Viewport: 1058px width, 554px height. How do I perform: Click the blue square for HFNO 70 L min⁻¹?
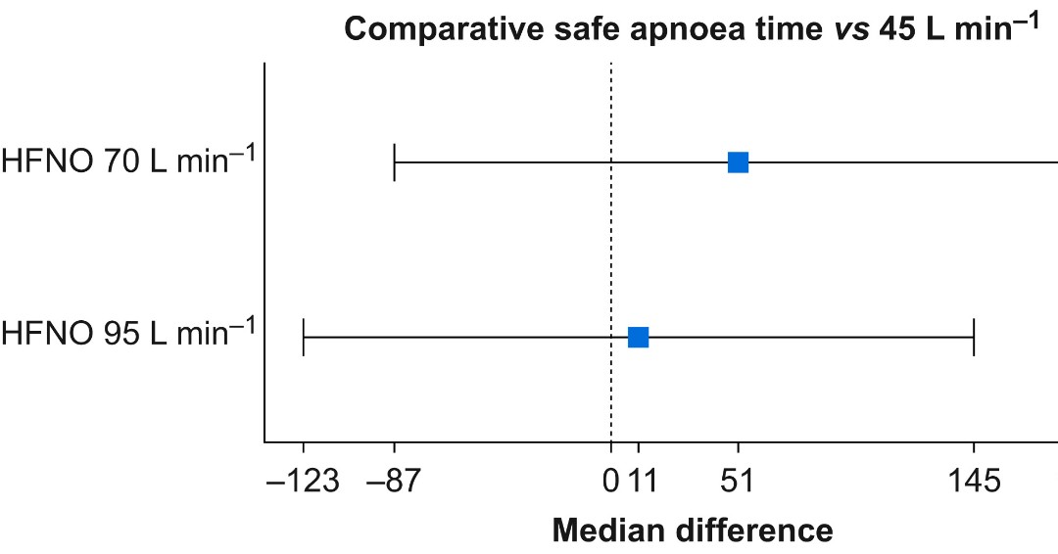(738, 162)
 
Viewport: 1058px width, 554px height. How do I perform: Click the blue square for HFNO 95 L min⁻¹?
(638, 337)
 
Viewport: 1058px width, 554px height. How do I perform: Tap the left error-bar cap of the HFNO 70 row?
(394, 162)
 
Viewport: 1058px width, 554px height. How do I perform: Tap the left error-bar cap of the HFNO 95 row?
(304, 337)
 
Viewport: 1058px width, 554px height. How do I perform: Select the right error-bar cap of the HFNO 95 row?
(974, 337)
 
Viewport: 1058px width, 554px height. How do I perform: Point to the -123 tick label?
(303, 482)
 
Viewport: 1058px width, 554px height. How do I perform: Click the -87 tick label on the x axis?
(394, 482)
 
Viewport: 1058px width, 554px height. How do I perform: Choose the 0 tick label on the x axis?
(611, 482)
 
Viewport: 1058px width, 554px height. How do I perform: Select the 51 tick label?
(738, 482)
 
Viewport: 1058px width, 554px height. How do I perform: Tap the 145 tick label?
(974, 482)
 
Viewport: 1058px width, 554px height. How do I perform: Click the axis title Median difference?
(693, 531)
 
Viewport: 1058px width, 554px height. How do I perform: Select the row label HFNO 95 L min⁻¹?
(128, 334)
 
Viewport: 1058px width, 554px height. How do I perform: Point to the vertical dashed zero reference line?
(611, 245)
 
